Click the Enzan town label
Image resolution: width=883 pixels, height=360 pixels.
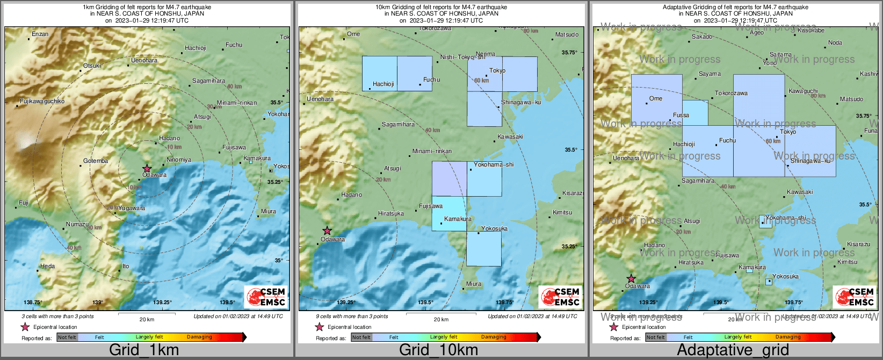click(x=40, y=34)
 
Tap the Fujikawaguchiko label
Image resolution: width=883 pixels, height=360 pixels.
click(x=42, y=101)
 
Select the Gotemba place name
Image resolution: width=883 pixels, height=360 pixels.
click(x=96, y=161)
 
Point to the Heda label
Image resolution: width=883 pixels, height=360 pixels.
click(x=47, y=266)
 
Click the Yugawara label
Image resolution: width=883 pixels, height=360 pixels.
click(x=132, y=208)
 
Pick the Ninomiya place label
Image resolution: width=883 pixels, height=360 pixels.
click(x=179, y=160)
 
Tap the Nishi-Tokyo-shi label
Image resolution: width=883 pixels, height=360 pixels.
click(x=462, y=57)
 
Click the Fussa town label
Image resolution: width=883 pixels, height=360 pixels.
click(x=681, y=115)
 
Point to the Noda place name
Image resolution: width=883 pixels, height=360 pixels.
click(x=835, y=42)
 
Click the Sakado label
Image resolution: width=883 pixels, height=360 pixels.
click(x=702, y=37)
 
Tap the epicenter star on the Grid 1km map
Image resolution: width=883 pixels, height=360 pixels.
click(x=147, y=169)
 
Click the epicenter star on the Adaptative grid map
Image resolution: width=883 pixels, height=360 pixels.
click(x=631, y=279)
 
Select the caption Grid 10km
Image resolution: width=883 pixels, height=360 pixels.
click(x=438, y=350)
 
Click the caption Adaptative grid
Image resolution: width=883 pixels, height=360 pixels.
click(x=733, y=350)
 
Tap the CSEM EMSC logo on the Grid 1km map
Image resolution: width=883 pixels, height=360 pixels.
click(x=266, y=297)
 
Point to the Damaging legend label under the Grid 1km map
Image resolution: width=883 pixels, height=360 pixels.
click(x=199, y=337)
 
